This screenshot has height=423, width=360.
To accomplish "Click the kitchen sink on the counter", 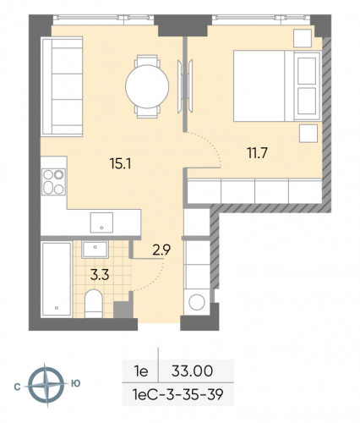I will pyautogui.click(x=102, y=222).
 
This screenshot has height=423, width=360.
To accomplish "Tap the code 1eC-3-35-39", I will pyautogui.click(x=177, y=393).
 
